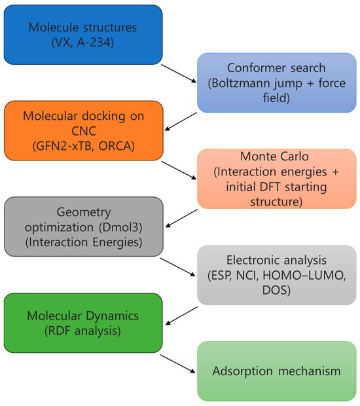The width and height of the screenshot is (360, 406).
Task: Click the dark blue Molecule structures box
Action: [83, 35]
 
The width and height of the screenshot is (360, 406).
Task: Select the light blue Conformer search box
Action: [277, 83]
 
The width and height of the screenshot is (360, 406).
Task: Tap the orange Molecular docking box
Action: [84, 131]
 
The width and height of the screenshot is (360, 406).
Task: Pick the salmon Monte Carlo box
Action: [277, 179]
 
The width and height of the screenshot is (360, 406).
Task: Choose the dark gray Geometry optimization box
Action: [84, 227]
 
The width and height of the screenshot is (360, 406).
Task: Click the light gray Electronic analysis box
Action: [277, 275]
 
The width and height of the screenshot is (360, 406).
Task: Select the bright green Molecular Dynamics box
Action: [83, 323]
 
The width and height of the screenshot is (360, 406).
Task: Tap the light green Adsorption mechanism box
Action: [277, 371]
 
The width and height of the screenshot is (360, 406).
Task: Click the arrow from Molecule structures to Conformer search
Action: [179, 74]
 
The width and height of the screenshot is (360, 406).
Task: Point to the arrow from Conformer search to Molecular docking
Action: [181, 121]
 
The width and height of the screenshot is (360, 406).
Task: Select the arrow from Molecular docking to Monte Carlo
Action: [179, 170]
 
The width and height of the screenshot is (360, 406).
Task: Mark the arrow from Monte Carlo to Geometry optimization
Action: [182, 218]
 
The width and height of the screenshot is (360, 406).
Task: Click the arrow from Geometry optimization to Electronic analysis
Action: [178, 267]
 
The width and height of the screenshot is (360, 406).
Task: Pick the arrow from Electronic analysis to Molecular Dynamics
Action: [182, 316]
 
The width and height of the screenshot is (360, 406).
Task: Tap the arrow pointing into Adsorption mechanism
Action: [178, 364]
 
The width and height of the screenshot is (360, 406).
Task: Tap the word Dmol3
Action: [121, 227]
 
